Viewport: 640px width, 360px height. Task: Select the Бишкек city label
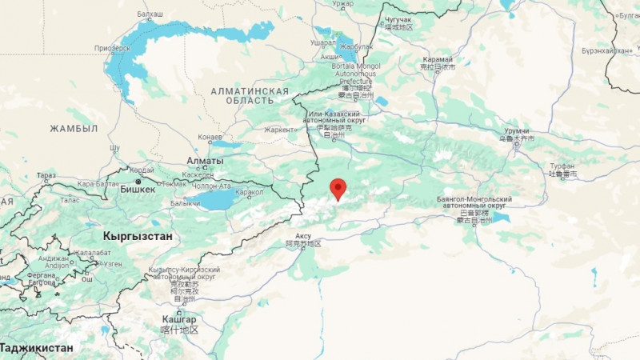point(138,190)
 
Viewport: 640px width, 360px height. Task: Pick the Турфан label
point(562,166)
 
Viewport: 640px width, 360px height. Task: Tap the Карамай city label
point(438,60)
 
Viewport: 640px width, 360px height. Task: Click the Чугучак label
point(397,18)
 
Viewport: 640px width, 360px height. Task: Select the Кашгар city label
point(178,318)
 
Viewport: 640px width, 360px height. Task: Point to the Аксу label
point(303,236)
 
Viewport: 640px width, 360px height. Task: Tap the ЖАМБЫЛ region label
point(74,128)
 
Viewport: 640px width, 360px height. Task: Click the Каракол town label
point(250,193)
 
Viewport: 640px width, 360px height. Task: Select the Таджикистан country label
point(37,348)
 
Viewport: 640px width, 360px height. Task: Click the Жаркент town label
point(280,128)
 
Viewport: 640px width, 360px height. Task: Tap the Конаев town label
point(210,137)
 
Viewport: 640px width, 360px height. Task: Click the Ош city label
point(86,279)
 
